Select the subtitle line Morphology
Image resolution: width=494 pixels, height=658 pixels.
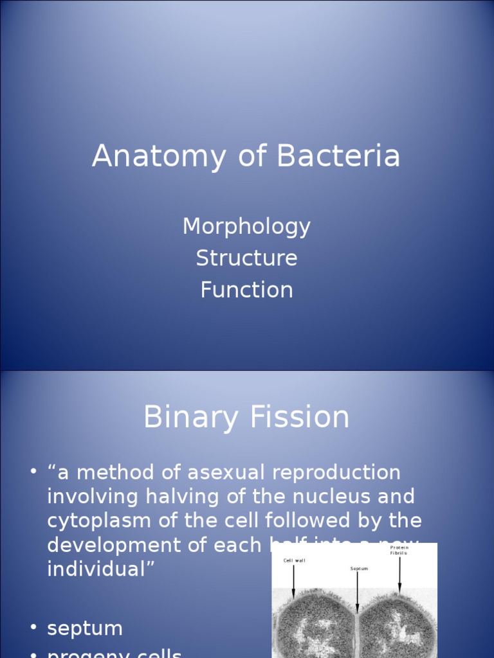tap(246, 226)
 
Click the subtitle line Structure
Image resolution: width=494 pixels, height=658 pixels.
tap(246, 258)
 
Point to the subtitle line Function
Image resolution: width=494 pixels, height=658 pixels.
tap(246, 289)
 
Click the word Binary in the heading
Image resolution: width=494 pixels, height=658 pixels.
tap(188, 418)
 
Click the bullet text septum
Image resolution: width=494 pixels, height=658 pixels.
tap(84, 628)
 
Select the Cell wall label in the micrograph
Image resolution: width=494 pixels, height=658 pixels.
tap(295, 560)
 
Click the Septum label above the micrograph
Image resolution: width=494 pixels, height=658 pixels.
tap(359, 569)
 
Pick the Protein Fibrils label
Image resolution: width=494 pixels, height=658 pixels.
tap(399, 550)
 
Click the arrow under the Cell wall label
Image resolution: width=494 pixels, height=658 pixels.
tap(294, 582)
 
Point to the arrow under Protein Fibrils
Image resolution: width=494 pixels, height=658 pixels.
tap(399, 574)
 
